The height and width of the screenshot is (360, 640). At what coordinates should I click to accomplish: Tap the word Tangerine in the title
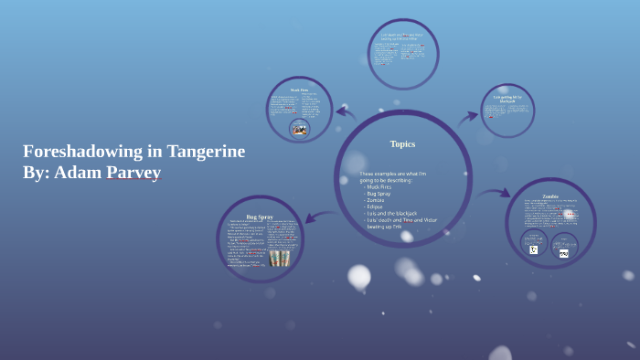(206, 152)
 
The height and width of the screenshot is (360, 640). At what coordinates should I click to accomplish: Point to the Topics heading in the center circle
(402, 143)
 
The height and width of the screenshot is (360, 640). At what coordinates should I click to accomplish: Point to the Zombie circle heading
(549, 196)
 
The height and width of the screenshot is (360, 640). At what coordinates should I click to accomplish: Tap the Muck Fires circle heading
(299, 90)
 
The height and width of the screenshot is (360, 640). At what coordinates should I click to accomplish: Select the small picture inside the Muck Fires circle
(299, 129)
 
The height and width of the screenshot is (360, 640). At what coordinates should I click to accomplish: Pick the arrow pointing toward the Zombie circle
(494, 193)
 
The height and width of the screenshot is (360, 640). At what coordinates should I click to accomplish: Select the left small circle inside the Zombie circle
(533, 245)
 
